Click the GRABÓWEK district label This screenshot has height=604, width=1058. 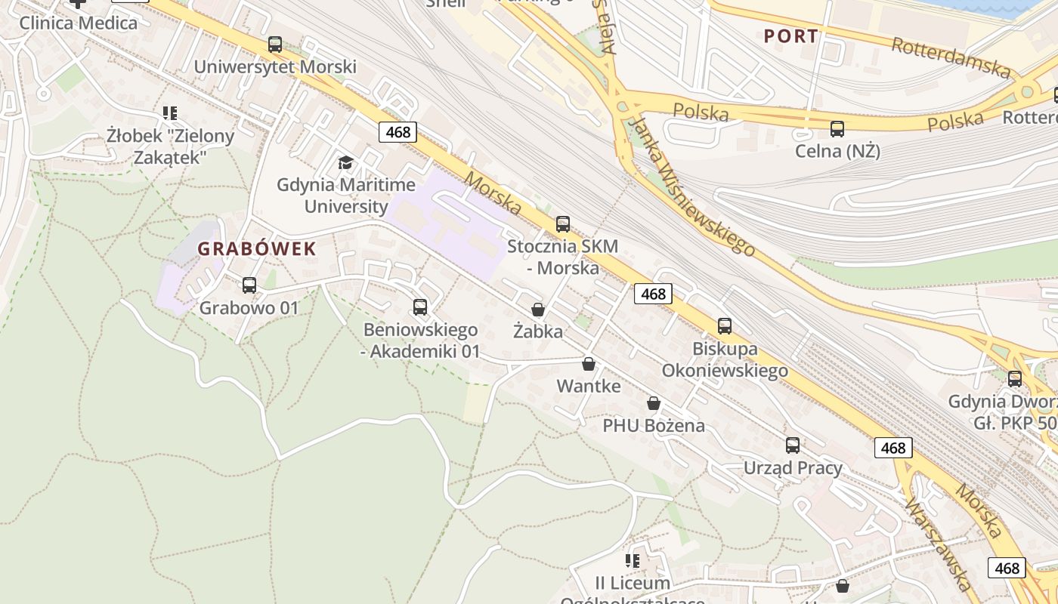pos(256,248)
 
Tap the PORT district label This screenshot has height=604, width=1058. pos(790,35)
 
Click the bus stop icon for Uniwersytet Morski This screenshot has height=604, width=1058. pos(275,45)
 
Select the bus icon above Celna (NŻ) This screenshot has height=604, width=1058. pos(837,129)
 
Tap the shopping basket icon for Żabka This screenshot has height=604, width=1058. pos(538,310)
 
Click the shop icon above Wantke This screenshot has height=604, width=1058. pos(589,365)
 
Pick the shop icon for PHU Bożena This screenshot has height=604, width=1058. pos(654,404)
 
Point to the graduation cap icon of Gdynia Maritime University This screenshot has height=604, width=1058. pos(345,162)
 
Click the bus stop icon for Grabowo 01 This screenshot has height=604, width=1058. pos(249,285)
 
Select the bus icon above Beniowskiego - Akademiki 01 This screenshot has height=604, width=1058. pos(420,307)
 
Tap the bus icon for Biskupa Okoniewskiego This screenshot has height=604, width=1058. pos(725,326)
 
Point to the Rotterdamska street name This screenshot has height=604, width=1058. pos(951,57)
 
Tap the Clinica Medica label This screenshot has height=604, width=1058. pos(79,23)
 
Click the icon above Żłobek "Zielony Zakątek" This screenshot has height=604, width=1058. pos(170,113)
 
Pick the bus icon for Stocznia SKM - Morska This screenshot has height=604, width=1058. pos(563,224)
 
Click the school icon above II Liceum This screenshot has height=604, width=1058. pos(633,561)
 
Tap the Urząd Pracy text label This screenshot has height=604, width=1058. pos(793,468)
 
